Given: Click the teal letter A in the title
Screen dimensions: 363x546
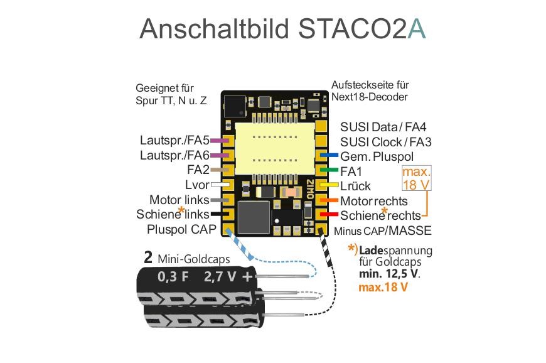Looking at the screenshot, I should click(x=415, y=29).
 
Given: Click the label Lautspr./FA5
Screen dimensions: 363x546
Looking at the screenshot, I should click(x=175, y=141).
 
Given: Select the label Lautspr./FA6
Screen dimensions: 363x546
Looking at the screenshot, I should click(x=175, y=155).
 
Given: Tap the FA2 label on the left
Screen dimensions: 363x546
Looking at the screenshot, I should click(x=198, y=170).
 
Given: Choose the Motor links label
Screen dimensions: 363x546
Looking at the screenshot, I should click(x=179, y=200).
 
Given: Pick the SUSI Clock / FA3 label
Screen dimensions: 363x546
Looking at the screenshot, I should click(x=386, y=142).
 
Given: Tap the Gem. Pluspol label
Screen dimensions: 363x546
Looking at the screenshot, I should click(x=377, y=156).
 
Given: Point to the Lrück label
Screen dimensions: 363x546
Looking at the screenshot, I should click(x=355, y=186).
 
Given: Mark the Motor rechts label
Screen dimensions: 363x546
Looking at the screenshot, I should click(x=374, y=201).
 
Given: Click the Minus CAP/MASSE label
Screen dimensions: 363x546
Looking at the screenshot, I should click(x=383, y=230).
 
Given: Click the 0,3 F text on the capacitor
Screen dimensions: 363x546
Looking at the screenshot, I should click(x=173, y=276).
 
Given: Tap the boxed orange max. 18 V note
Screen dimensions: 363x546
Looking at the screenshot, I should click(x=417, y=178).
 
